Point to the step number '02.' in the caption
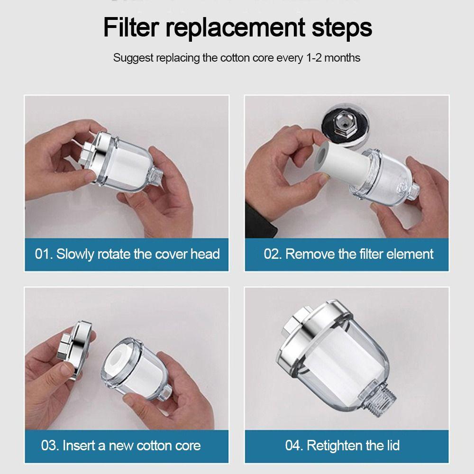coord(273,254)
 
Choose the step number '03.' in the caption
coord(50,446)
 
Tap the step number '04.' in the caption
coord(294,446)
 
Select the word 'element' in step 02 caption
coord(409,254)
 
